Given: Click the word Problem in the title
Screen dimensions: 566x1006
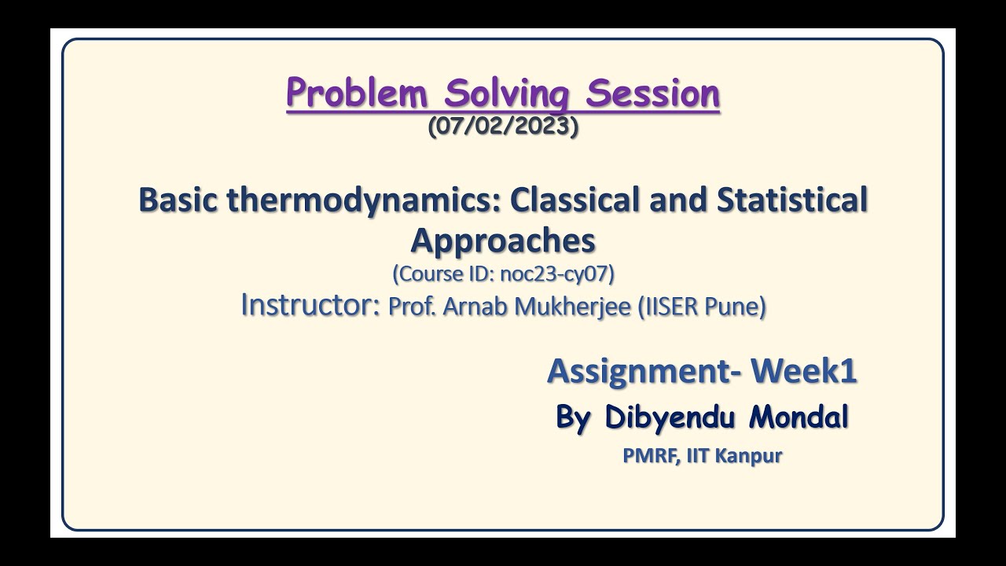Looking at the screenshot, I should (358, 94).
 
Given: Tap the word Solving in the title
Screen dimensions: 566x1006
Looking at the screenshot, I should (508, 94).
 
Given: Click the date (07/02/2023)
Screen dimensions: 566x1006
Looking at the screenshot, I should (503, 127).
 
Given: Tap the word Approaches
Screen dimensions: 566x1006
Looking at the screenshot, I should (503, 240).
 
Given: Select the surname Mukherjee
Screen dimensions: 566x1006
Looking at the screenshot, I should (572, 307).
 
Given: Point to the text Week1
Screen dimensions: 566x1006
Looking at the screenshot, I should (804, 371).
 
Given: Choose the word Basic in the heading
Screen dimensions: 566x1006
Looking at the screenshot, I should (180, 200).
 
